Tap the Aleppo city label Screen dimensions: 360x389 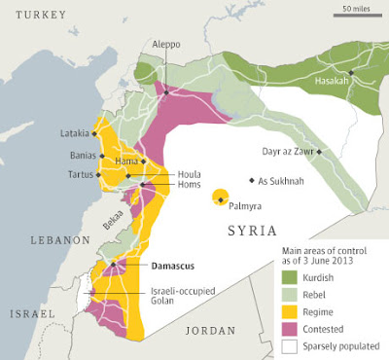tap(165, 44)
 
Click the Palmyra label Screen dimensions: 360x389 tap(244, 207)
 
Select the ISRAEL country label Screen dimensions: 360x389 tap(32, 314)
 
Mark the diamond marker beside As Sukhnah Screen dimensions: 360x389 tap(252, 180)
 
